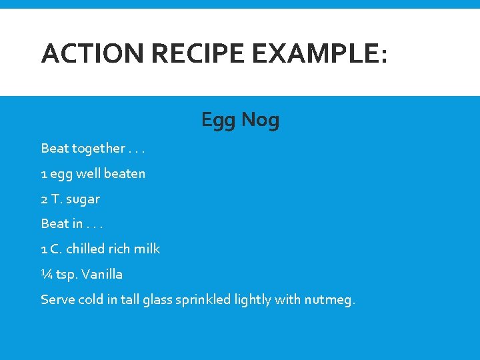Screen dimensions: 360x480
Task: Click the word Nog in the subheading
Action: (260, 121)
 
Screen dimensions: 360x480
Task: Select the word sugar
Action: (83, 199)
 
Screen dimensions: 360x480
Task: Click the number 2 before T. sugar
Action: (44, 199)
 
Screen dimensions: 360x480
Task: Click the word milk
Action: (147, 249)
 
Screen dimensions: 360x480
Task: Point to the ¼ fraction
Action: (46, 274)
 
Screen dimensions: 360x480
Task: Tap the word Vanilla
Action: (103, 274)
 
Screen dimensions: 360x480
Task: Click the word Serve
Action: (57, 299)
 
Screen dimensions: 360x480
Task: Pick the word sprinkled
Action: (203, 300)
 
